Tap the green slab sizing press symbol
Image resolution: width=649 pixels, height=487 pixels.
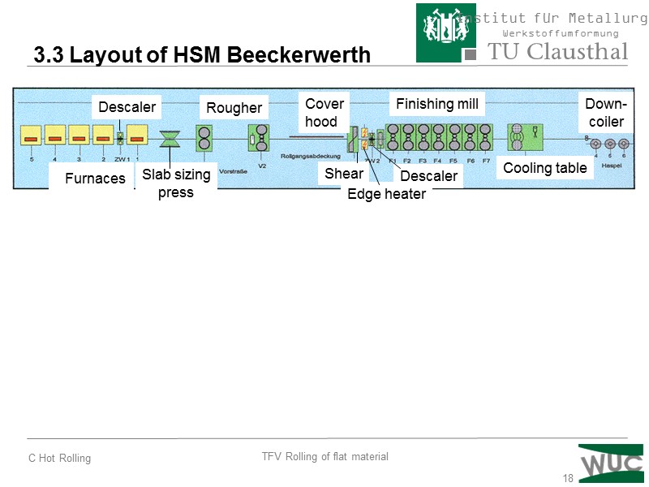pos(170,139)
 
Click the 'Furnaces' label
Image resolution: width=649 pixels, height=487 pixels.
pos(95,178)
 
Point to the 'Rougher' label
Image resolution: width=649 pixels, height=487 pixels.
pos(234,108)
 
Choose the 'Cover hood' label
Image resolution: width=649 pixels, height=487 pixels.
pos(324,112)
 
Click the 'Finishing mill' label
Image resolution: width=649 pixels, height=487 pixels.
pos(437,103)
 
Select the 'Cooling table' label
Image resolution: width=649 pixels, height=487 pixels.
pos(545,168)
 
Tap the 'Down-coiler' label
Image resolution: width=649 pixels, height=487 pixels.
pos(605,113)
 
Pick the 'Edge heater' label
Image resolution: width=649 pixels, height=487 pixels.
pos(386,194)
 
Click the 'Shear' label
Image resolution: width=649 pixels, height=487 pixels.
pos(344,173)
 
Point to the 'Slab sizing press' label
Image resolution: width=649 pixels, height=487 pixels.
pos(176,183)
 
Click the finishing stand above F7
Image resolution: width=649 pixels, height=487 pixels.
pos(485,138)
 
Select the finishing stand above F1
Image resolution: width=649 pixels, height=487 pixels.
pos(393,138)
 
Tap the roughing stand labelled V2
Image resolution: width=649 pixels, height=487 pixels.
pos(261,138)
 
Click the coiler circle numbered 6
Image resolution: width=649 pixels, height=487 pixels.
pos(623,144)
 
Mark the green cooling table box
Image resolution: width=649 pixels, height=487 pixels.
pos(524,137)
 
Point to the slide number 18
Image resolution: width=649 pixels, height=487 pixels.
pos(568,478)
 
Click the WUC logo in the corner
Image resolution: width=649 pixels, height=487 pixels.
pos(610,463)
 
